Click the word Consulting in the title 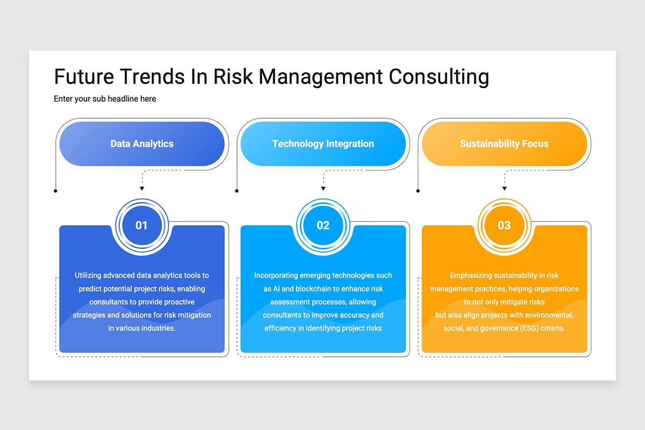pos(439,77)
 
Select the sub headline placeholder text pos(105,99)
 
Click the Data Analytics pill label pos(142,144)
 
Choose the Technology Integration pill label pos(323,144)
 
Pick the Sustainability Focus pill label pos(504,144)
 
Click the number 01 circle pos(141,225)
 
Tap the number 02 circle pos(323,225)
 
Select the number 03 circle pos(504,225)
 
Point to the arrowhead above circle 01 pos(142,188)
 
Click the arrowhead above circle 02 pos(323,188)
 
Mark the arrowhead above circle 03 pos(504,188)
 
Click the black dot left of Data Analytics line pos(56,191)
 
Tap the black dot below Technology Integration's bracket pos(237,191)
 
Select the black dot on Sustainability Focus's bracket pos(418,191)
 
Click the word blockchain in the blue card pos(307,289)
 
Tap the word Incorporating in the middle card pos(278,275)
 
